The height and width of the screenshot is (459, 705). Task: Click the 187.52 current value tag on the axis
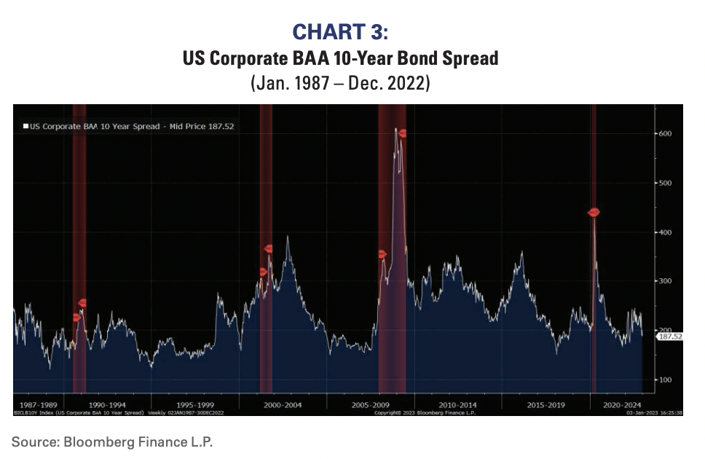pos(669,337)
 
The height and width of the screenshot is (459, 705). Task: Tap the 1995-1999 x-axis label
pos(196,403)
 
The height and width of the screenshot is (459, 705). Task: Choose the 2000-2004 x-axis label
pos(283,403)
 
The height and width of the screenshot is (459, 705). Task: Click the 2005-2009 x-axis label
pos(369,403)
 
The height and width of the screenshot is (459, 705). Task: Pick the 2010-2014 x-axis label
pos(457,403)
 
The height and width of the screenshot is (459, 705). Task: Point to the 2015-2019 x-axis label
pos(545,403)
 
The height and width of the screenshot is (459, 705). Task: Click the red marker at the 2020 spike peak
pos(594,212)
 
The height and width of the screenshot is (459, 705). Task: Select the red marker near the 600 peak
pos(401,133)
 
